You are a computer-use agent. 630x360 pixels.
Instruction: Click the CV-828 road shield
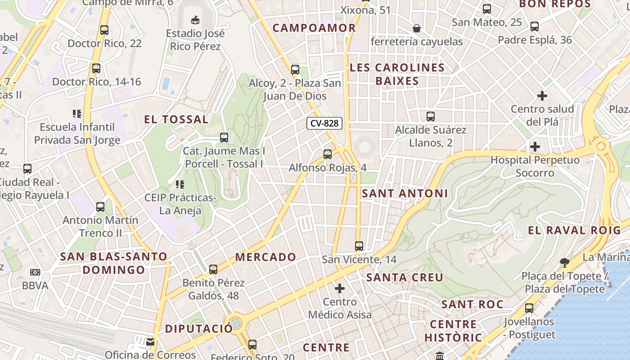pos(324,123)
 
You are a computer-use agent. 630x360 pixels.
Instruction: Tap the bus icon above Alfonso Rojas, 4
pos(328,154)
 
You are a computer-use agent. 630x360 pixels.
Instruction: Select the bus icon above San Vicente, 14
pos(359,246)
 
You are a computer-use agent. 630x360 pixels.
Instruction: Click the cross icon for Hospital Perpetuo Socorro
pos(535,147)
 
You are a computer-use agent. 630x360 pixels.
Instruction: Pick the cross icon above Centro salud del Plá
pos(542,96)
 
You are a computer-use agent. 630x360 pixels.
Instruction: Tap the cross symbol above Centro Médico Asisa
pos(340,288)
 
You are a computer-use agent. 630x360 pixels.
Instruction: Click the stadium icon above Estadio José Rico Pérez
pos(195,20)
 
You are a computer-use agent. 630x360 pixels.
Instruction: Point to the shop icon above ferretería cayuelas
pos(417,28)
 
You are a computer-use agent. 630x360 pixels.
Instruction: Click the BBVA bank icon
pos(35,272)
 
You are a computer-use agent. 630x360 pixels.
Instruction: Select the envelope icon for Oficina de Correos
pos(150,342)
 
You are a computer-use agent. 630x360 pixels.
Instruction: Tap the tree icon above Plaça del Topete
pos(564,262)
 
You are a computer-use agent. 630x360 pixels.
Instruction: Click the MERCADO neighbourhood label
pos(265,257)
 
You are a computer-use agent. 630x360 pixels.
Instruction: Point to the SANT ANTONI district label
pos(405,193)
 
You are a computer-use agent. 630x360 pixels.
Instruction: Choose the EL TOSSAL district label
pos(176,119)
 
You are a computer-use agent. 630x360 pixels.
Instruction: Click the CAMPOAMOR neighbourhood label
pos(314,28)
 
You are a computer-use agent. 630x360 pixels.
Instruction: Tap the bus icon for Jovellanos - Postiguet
pos(529,308)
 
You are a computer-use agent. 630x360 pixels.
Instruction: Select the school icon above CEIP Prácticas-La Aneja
pos(180,184)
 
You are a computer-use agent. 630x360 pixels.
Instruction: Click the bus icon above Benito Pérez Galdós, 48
pos(213,270)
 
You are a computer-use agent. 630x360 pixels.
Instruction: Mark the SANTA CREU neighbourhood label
pos(405,277)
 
